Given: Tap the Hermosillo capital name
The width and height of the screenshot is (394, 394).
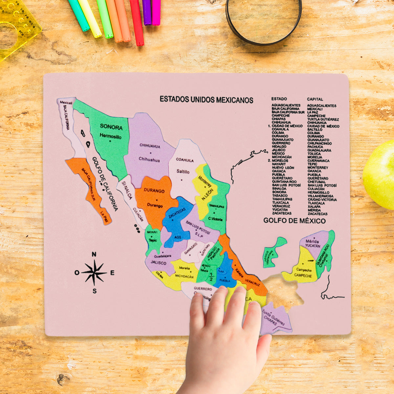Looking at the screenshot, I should click(110, 136).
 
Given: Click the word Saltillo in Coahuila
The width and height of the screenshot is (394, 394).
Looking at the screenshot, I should click(183, 171).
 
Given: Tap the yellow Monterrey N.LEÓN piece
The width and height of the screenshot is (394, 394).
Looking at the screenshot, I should click(204, 187).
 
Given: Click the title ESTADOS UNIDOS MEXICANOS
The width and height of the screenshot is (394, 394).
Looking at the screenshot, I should click(206, 99).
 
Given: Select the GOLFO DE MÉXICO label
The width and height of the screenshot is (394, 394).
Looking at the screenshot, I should click(295, 221).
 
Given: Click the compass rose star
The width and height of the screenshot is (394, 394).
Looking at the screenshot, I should click(94, 273).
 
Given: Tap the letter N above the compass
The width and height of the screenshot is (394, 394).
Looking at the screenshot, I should click(94, 254).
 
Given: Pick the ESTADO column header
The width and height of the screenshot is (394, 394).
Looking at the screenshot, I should click(279, 99).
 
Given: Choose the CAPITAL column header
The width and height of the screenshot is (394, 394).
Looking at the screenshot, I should click(315, 99).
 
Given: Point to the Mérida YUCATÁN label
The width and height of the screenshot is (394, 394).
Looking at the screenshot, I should click(313, 243).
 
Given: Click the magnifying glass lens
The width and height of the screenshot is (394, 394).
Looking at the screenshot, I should click(264, 20).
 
